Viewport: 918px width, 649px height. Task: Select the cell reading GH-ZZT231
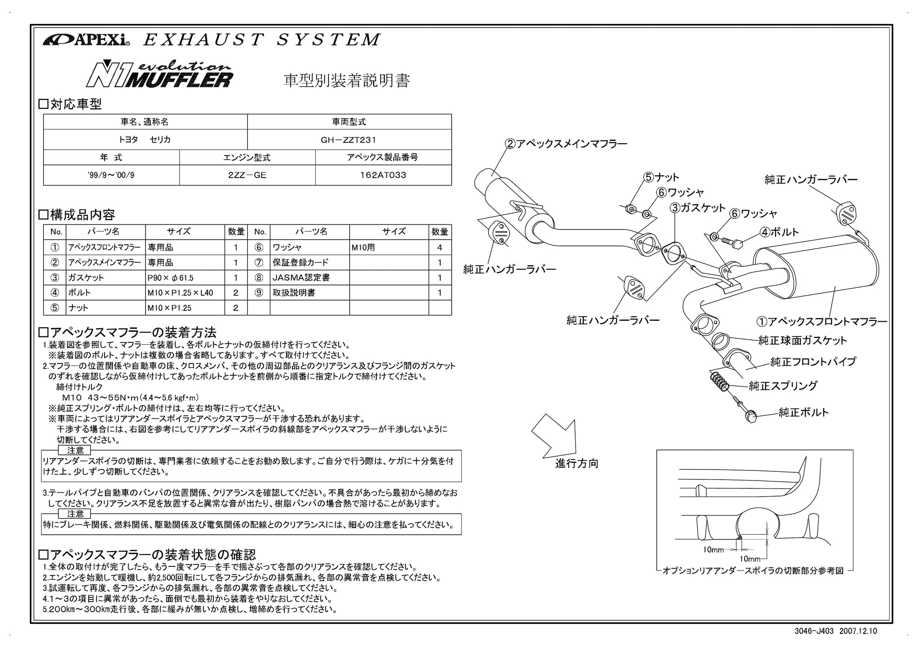click(x=349, y=140)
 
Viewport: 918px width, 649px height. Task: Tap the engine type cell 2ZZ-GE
click(x=247, y=175)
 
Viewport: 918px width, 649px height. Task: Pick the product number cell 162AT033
click(x=383, y=175)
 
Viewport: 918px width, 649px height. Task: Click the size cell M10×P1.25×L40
click(x=180, y=293)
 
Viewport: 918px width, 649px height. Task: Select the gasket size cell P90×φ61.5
click(x=171, y=278)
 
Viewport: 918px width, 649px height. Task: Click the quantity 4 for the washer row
click(x=440, y=248)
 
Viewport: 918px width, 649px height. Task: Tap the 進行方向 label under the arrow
click(x=577, y=464)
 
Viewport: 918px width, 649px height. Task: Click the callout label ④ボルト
click(x=779, y=232)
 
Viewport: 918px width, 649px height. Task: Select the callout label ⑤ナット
click(x=661, y=177)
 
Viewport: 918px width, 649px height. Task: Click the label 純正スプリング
click(x=783, y=386)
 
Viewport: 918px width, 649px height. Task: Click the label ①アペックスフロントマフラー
click(x=822, y=322)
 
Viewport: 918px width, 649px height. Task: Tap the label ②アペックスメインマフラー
click(x=566, y=144)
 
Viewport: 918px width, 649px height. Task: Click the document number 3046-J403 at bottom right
click(x=814, y=631)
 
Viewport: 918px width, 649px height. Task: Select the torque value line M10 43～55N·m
click(x=130, y=398)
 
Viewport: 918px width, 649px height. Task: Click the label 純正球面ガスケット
click(x=802, y=341)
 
